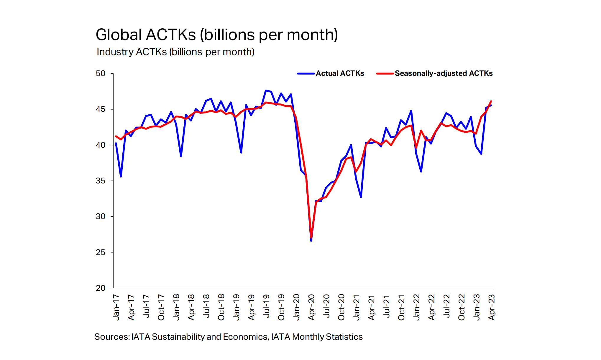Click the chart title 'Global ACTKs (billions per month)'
coord(217,35)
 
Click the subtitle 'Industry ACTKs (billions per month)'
coord(175,52)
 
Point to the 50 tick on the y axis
coord(101,73)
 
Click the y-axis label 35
coord(101,181)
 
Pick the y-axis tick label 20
coord(101,288)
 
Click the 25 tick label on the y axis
coord(101,252)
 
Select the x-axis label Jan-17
coord(116,307)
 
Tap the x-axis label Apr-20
coord(311,307)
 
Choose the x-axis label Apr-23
coord(492,307)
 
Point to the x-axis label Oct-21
coord(401,307)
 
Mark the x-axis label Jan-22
coord(416,307)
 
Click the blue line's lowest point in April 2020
coord(311,241)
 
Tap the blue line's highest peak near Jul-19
coord(266,91)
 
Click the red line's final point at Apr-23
coord(491,101)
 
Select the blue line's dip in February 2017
coord(121,177)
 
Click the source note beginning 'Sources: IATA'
coord(228,337)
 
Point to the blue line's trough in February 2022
coord(421,171)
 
